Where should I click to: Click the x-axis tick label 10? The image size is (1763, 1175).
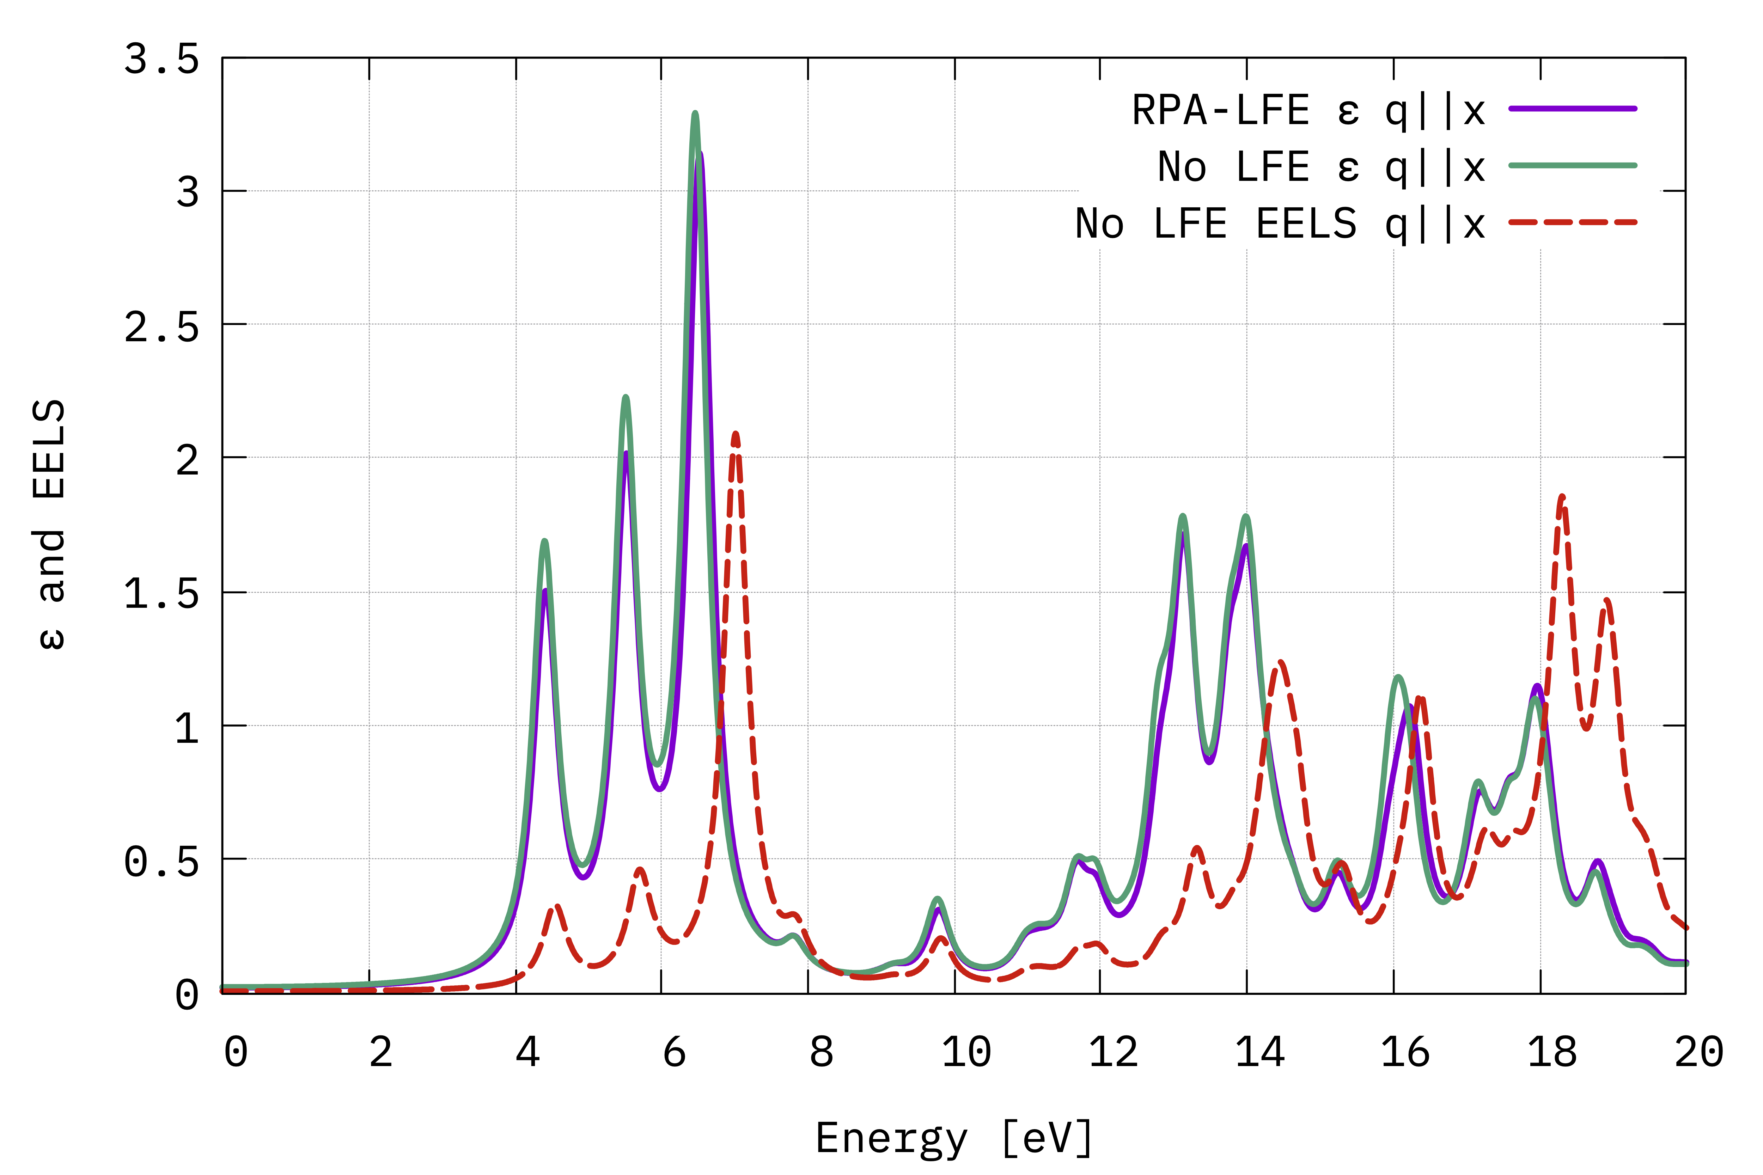(x=966, y=1053)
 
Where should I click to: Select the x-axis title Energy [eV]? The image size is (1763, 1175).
(x=953, y=1139)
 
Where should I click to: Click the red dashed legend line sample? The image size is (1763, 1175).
(x=1573, y=222)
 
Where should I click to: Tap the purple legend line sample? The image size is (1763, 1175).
(x=1573, y=109)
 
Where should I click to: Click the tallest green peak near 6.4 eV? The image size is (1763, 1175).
(x=695, y=114)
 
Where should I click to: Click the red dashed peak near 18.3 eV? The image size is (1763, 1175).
(x=1561, y=496)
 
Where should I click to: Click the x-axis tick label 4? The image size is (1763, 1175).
(x=528, y=1053)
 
